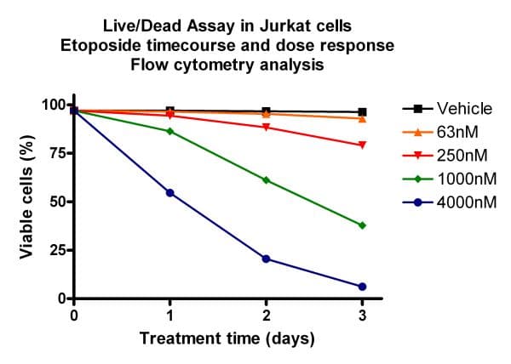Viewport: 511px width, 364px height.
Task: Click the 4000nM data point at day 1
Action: pos(170,193)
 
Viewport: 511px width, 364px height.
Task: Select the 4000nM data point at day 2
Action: pos(267,259)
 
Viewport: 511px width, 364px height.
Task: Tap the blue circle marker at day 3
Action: pos(362,287)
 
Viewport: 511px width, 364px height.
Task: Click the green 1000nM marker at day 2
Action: pos(267,180)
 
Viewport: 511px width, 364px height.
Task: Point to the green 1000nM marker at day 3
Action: pos(362,225)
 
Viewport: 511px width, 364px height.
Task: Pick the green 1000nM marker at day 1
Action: pos(170,131)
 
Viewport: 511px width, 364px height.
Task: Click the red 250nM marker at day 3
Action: pos(362,145)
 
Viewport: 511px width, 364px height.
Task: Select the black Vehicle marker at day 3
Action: pos(362,112)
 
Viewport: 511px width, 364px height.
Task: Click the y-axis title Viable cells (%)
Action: pos(27,201)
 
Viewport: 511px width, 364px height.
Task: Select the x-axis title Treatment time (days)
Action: pos(227,338)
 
